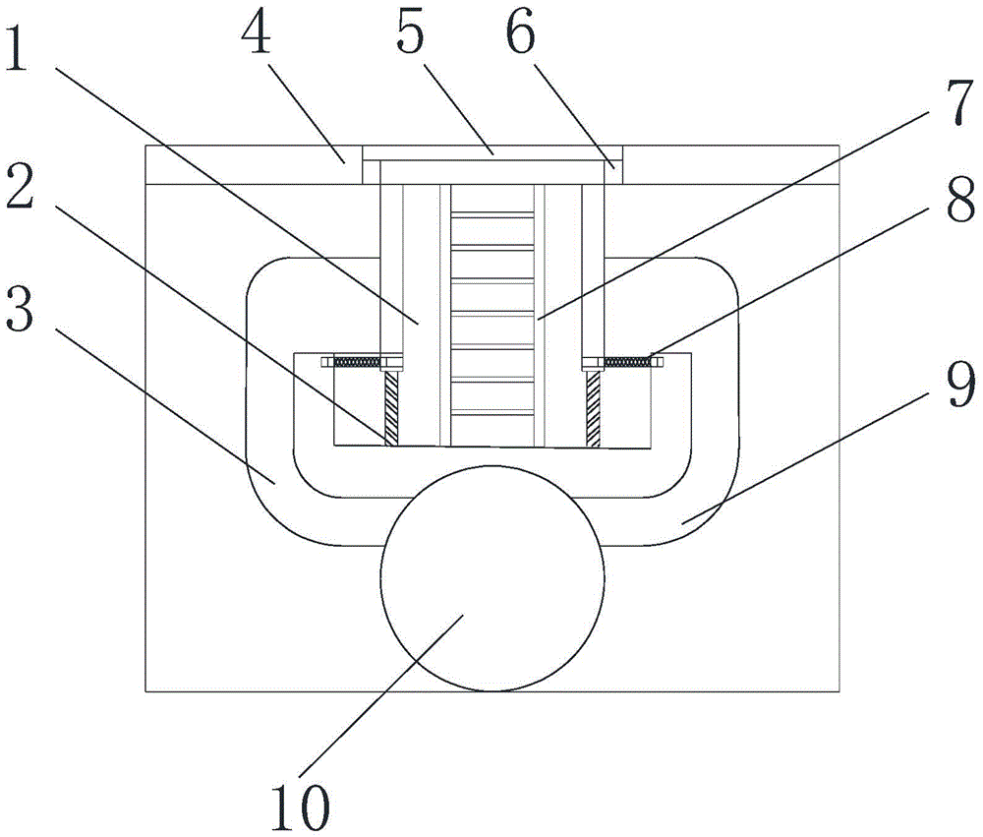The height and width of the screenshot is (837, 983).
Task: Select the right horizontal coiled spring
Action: (628, 363)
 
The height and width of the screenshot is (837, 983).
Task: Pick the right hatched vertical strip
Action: (594, 408)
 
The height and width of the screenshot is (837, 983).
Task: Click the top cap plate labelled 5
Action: (491, 153)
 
